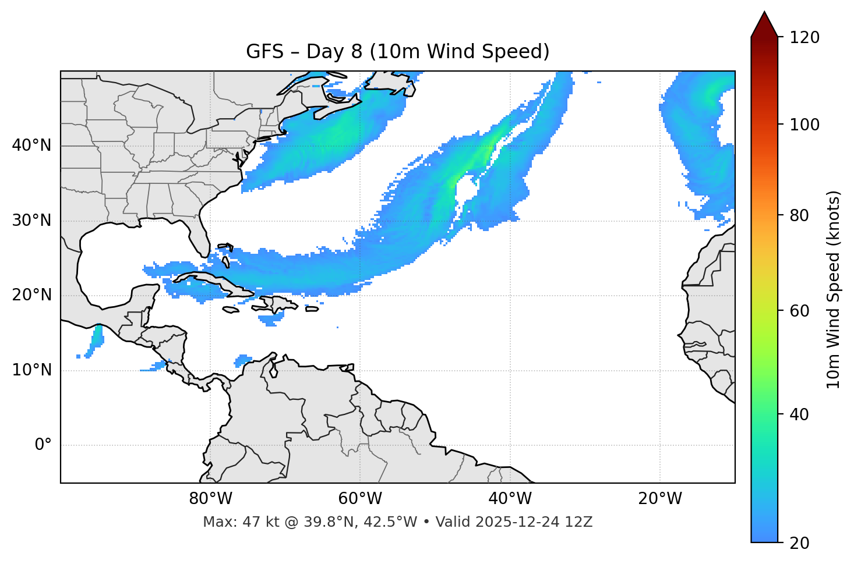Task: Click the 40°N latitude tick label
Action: pyautogui.click(x=31, y=146)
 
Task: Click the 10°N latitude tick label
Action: pyautogui.click(x=31, y=370)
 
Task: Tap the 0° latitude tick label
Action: pyautogui.click(x=43, y=445)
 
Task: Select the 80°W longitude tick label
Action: pyautogui.click(x=210, y=499)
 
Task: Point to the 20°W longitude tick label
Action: pyautogui.click(x=660, y=499)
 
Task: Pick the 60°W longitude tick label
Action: pyautogui.click(x=360, y=499)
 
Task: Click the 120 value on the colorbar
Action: pyautogui.click(x=804, y=37)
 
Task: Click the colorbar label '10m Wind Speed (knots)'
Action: pyautogui.click(x=834, y=289)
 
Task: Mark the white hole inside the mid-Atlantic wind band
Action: pyautogui.click(x=465, y=190)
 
